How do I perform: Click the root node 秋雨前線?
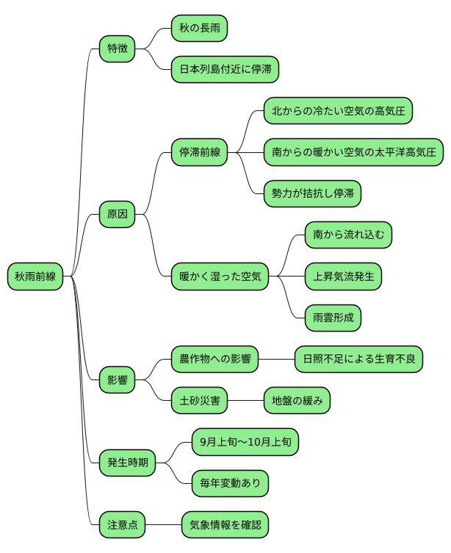coord(35,276)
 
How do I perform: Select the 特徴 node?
coord(118,49)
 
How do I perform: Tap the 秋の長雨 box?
coord(199,28)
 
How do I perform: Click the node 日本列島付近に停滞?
coord(225,70)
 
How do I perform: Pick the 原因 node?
coord(118,215)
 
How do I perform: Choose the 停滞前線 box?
coord(200,153)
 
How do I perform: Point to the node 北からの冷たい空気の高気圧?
coord(338,111)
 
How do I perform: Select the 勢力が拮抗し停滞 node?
coord(312,194)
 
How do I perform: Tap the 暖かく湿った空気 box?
coord(220,276)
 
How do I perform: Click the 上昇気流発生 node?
coord(343,276)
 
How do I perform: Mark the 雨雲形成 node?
coord(333,318)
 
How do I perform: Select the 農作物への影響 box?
coord(214,360)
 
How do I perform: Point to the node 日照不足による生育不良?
coord(358,360)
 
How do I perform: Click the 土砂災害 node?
coord(200,401)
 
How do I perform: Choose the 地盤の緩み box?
coord(297,401)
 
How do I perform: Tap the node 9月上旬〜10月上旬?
coord(245,442)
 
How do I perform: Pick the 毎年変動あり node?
coord(230,483)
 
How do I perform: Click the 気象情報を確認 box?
coord(225,525)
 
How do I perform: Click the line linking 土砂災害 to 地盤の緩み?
coord(246,401)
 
